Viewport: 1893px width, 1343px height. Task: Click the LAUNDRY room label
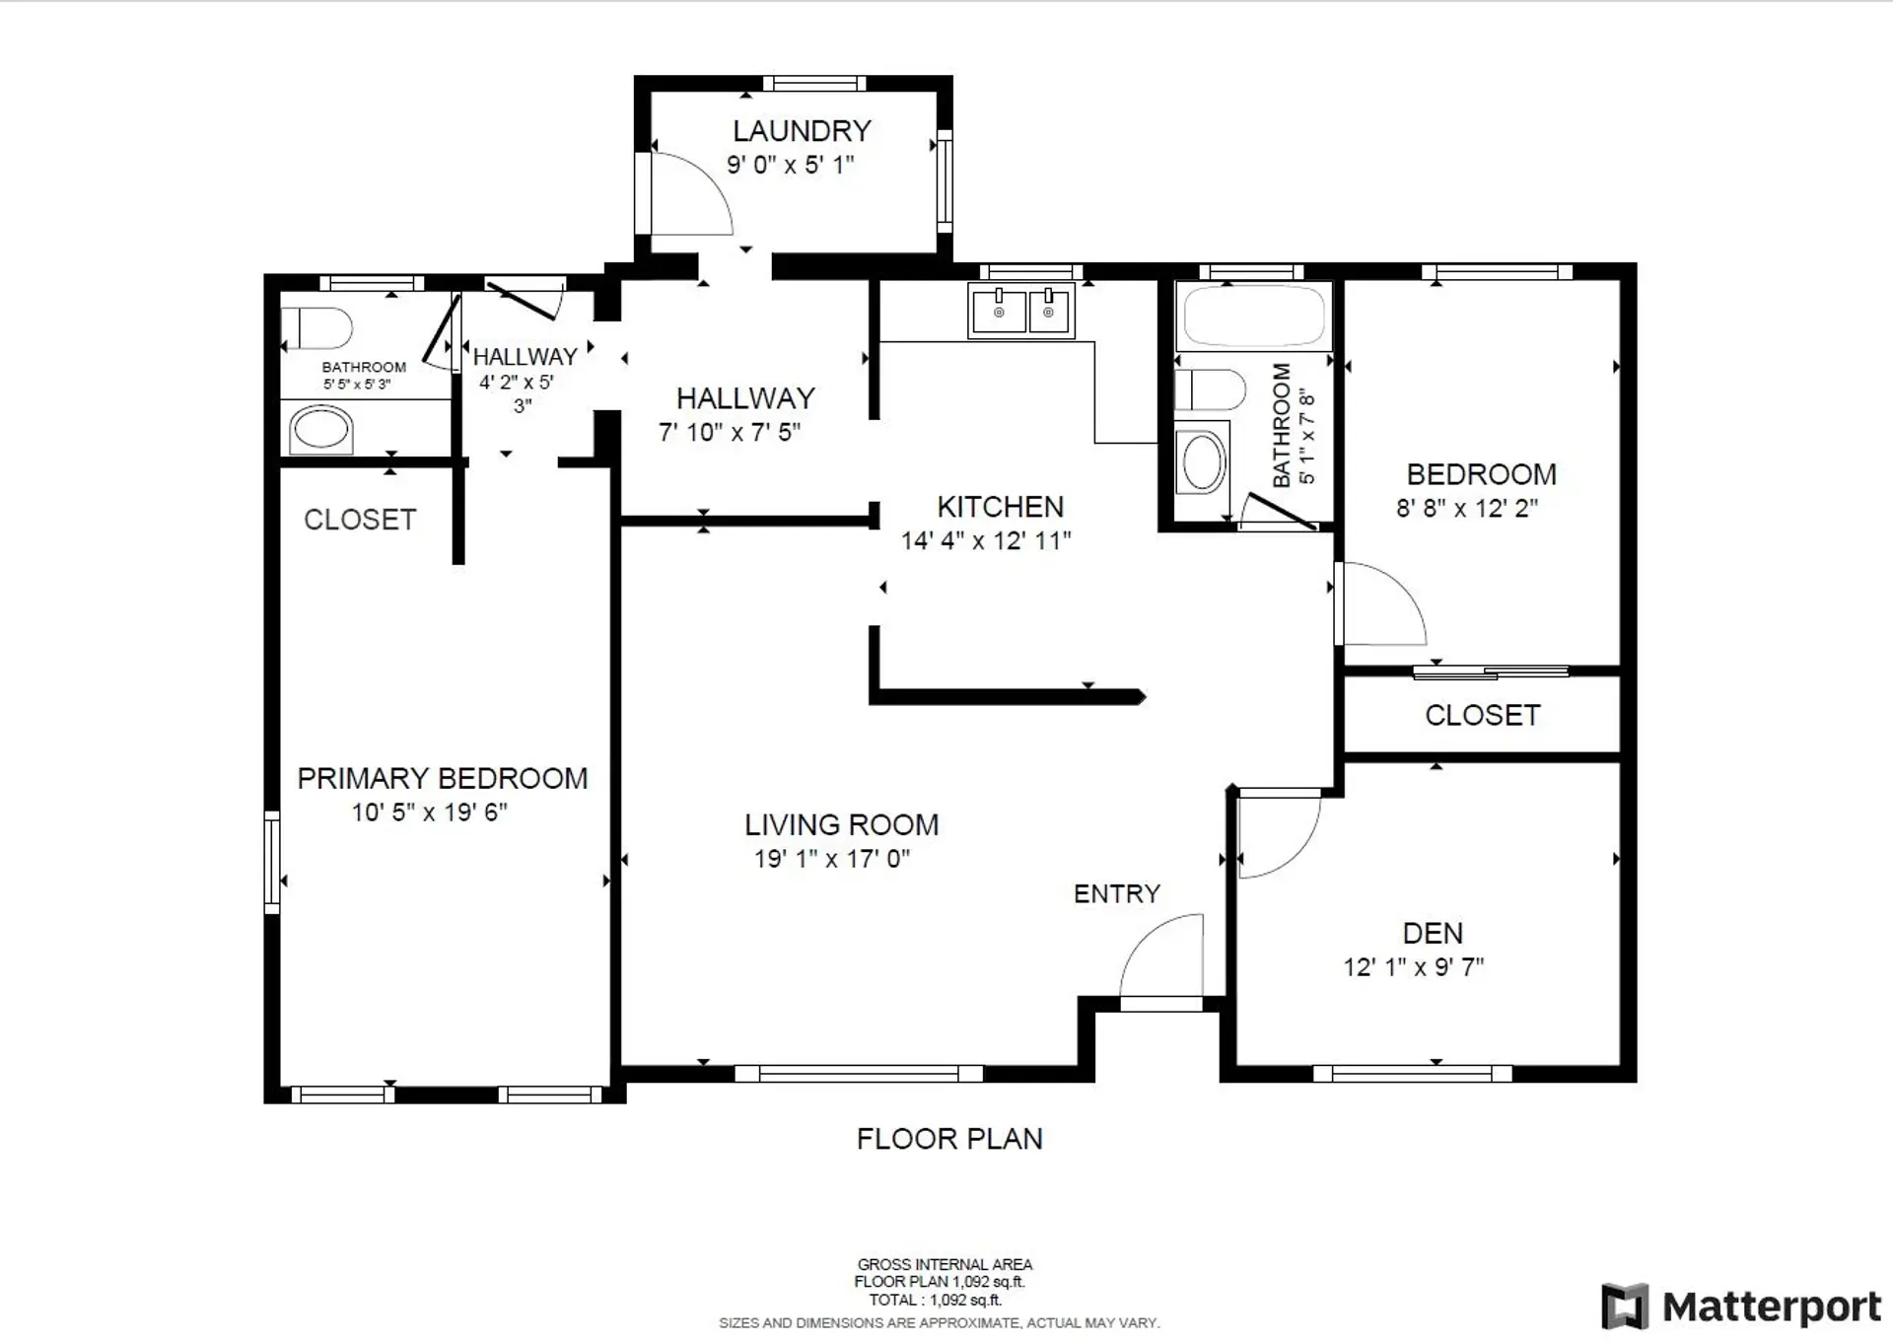802,130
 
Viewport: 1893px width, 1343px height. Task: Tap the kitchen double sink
1021,311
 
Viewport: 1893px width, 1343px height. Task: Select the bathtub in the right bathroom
1253,316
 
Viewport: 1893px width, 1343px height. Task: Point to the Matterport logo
1741,1307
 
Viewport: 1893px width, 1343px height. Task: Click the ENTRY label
1116,893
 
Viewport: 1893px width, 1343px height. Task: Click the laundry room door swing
690,195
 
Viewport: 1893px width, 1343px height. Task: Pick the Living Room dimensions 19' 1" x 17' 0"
831,859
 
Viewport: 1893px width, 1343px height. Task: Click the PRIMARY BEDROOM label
442,778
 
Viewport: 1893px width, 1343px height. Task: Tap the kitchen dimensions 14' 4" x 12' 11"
985,540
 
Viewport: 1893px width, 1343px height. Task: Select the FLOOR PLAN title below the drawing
948,1139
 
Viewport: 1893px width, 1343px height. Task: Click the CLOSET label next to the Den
1482,715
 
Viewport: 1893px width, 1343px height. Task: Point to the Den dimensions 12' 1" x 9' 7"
1413,967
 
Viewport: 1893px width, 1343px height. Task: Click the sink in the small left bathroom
320,431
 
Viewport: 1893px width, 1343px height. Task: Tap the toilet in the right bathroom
1212,389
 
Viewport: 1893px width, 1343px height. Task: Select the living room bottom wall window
858,1074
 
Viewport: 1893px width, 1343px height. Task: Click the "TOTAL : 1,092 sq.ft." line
934,1300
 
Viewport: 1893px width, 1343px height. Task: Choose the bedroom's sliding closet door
1490,672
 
